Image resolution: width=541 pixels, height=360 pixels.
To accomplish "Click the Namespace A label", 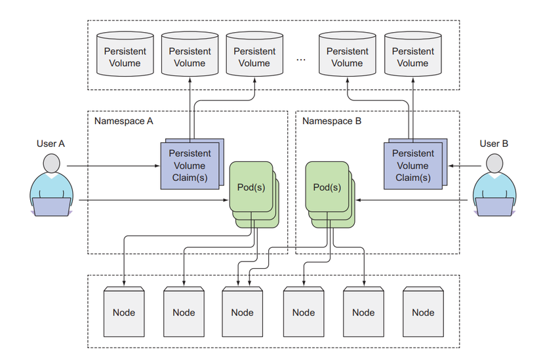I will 124,121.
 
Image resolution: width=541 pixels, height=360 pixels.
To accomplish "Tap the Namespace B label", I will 332,121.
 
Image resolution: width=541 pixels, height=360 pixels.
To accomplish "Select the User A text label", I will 52,143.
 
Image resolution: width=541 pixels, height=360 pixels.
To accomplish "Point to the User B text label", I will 494,143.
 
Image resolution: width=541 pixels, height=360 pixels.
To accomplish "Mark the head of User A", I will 52,163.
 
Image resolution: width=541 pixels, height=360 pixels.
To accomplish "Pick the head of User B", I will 494,163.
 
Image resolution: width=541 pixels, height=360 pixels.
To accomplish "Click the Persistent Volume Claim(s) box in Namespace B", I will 412,165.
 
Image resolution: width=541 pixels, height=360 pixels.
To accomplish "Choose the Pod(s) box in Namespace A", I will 250,187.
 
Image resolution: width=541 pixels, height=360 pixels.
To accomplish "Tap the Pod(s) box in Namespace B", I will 327,187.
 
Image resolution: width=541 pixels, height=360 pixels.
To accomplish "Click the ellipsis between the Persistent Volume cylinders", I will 301,59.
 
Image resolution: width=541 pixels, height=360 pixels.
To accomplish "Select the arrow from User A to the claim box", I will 111,166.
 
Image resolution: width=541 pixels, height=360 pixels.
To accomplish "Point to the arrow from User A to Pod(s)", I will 151,200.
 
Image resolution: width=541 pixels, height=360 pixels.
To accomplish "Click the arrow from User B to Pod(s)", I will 413,200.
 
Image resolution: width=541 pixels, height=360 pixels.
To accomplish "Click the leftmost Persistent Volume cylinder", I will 125,54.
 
